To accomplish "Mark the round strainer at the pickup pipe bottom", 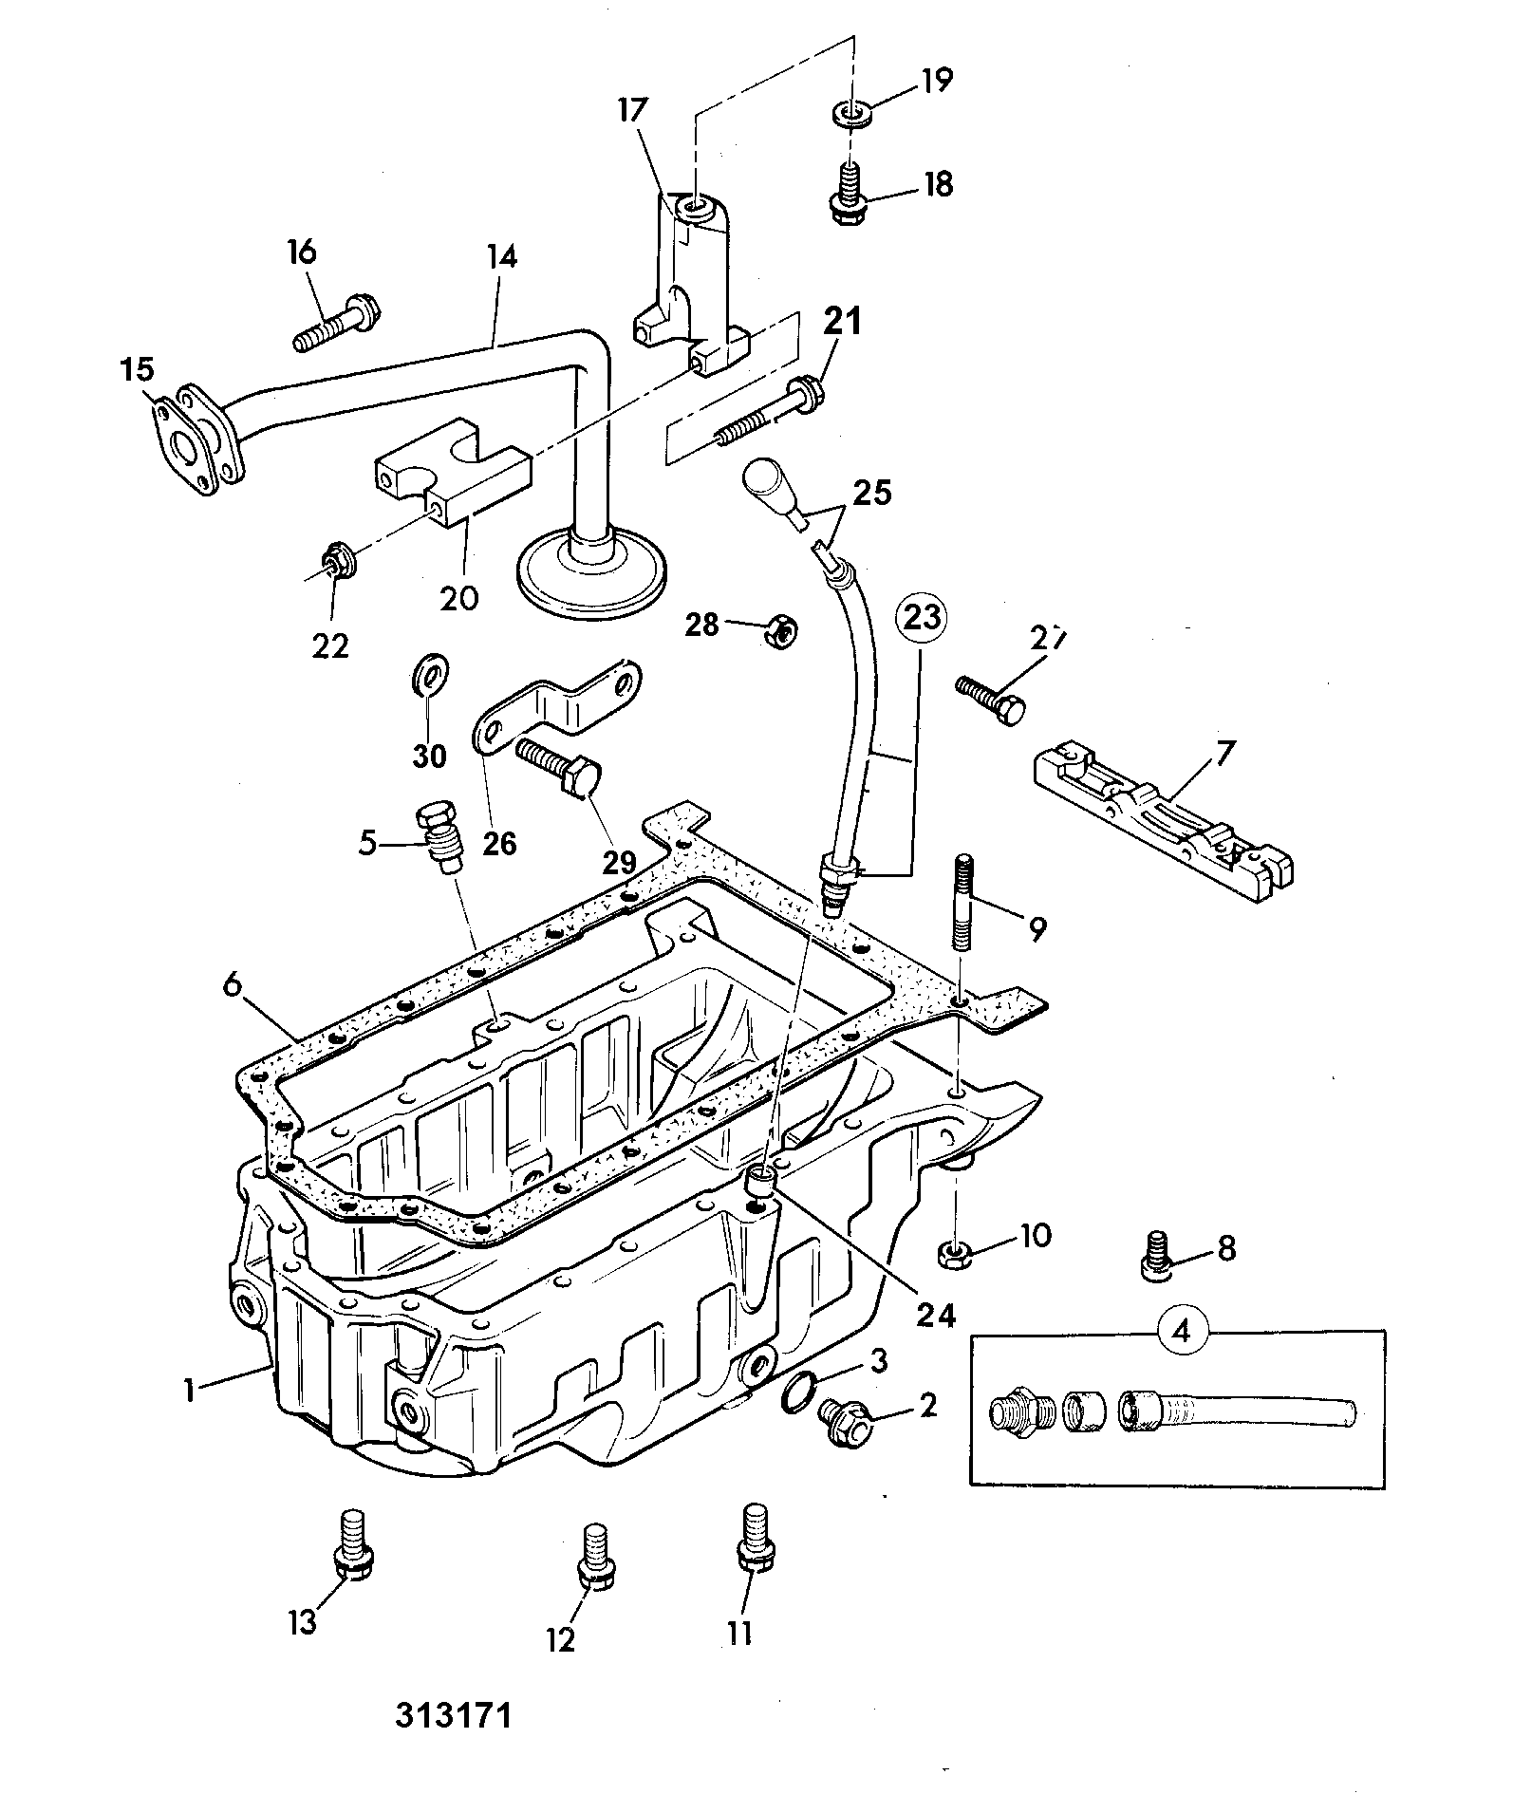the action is point(589,573).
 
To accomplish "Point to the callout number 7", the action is point(1222,755).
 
